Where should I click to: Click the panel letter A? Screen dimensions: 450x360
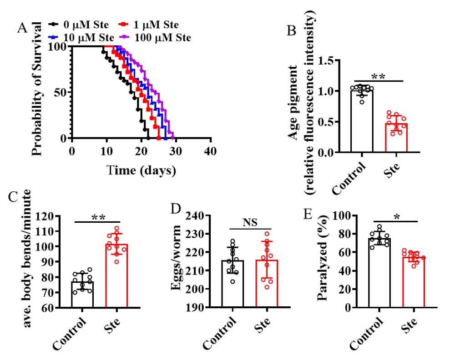22,28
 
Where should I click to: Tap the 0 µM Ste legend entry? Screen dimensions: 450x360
78,25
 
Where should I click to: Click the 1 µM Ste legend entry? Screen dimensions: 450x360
149,25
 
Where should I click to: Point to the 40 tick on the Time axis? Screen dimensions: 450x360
210,151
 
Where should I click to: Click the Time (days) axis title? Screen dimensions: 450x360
141,170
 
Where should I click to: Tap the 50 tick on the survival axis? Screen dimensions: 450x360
60,92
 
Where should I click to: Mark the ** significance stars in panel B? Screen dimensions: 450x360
378,76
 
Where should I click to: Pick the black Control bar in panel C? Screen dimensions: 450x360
82,295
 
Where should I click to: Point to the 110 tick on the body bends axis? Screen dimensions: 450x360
45,231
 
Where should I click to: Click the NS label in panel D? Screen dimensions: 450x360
250,222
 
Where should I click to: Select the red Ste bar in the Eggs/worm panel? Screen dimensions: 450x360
267,284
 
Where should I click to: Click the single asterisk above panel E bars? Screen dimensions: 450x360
397,217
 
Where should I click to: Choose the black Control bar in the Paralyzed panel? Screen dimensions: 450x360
379,273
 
